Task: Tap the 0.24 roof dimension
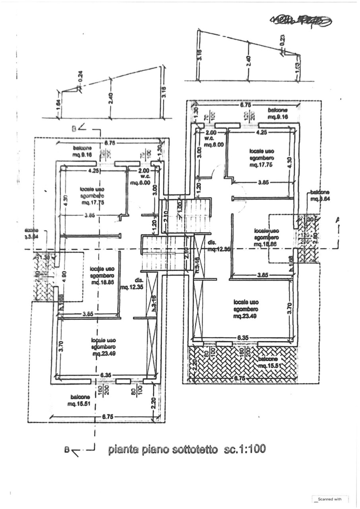tap(80, 79)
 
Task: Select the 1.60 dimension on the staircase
tap(179, 207)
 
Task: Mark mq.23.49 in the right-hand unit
tap(246, 317)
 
